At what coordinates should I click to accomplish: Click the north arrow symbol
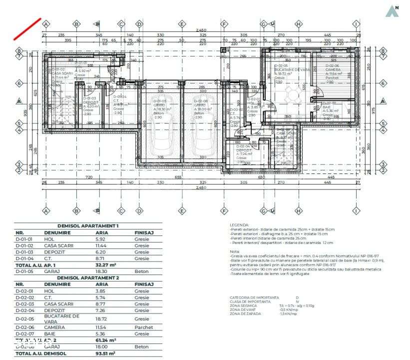[x=393, y=10]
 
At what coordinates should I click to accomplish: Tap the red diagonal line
[x=27, y=28]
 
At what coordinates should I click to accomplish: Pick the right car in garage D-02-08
[x=202, y=137]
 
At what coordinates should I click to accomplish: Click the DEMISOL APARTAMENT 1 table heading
[x=88, y=226]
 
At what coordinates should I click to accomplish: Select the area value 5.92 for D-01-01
[x=100, y=239]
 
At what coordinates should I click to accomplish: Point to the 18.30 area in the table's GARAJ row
[x=102, y=271]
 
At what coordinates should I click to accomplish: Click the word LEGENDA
[x=239, y=225]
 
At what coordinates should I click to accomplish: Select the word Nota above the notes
[x=234, y=251]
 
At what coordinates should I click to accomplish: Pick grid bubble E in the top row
[x=182, y=23]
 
